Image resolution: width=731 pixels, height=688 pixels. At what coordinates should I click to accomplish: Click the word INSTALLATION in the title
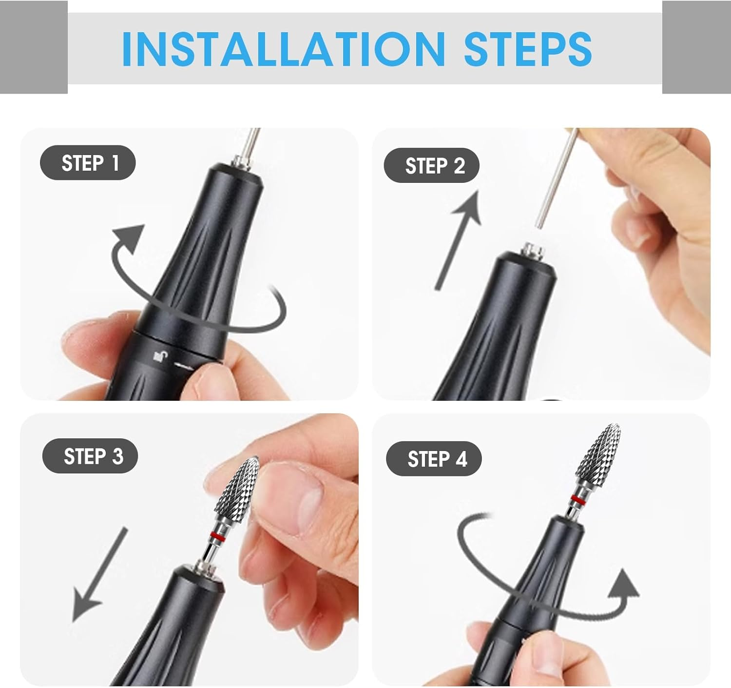click(x=284, y=49)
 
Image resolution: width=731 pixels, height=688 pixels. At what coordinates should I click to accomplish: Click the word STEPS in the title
click(x=528, y=49)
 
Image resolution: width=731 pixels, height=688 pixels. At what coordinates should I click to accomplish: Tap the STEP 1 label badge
click(x=88, y=162)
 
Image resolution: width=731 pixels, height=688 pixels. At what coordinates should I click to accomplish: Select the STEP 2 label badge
click(x=431, y=165)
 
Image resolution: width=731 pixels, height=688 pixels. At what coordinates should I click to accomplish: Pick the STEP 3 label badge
click(x=90, y=456)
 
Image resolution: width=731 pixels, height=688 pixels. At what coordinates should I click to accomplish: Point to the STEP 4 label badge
click(x=434, y=458)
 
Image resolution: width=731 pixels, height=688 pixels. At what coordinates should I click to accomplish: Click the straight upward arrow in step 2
click(x=458, y=240)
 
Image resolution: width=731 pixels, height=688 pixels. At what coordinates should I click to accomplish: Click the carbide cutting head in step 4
click(x=598, y=458)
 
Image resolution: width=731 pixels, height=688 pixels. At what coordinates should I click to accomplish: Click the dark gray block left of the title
click(x=34, y=47)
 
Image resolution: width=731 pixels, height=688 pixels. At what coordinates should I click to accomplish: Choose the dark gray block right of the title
click(x=696, y=47)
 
